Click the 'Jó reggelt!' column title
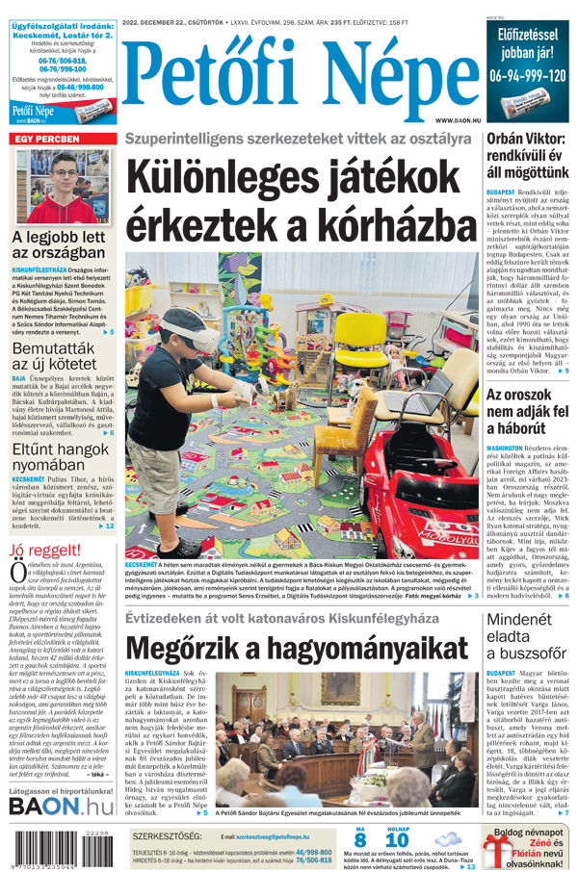[x=45, y=550]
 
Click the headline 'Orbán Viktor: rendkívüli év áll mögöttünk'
[x=526, y=156]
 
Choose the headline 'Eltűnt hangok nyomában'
[x=61, y=457]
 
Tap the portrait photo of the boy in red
[x=61, y=185]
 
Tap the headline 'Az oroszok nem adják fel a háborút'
[x=526, y=416]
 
